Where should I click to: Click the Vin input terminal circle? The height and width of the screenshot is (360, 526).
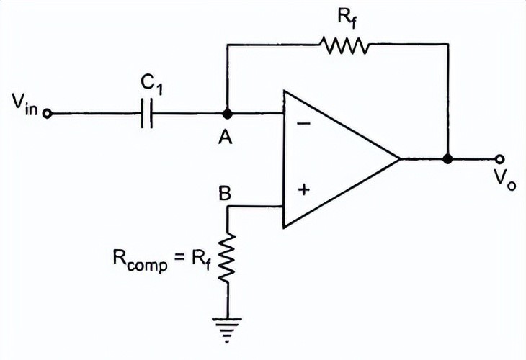click(x=47, y=114)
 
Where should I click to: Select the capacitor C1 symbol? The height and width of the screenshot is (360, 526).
click(x=147, y=114)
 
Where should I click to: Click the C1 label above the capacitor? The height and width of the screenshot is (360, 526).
click(x=150, y=84)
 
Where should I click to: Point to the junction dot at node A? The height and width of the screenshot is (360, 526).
click(x=227, y=114)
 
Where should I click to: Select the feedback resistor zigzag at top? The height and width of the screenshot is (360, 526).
click(x=345, y=46)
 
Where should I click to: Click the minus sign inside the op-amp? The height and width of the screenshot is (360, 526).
click(x=303, y=123)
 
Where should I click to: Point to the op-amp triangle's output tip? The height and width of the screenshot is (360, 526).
click(x=400, y=158)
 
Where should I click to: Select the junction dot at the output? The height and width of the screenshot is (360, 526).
click(x=447, y=158)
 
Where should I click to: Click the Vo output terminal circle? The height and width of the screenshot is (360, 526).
click(x=498, y=158)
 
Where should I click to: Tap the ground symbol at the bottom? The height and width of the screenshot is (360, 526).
click(x=228, y=323)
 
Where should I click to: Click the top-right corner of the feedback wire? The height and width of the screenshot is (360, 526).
click(x=447, y=45)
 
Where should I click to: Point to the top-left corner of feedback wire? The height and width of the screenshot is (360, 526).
click(x=227, y=45)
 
